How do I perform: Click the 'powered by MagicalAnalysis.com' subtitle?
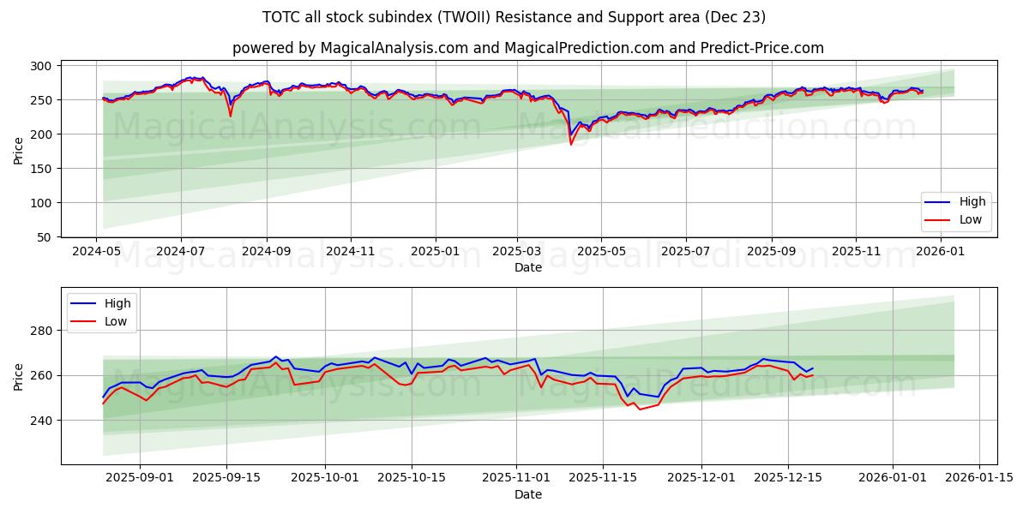tap(527, 48)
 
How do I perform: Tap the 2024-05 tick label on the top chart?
tap(97, 252)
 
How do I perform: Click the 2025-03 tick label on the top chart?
tap(517, 252)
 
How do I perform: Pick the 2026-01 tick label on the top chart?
tap(941, 252)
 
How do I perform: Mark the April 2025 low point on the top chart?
tap(571, 144)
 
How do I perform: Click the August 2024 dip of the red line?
tap(230, 116)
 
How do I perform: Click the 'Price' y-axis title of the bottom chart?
tap(19, 376)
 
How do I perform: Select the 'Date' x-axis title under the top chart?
tap(527, 267)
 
